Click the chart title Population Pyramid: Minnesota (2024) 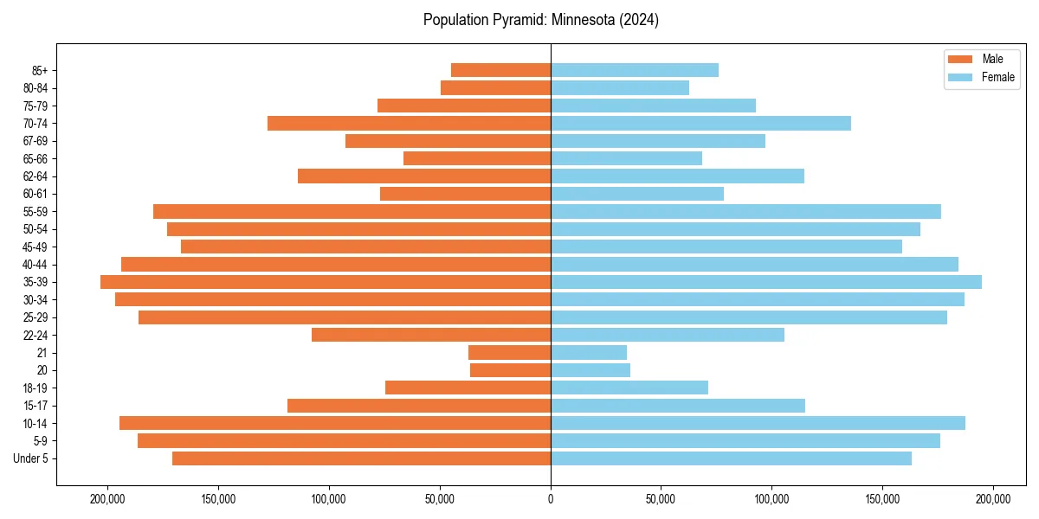[x=541, y=20]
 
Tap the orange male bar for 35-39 [x=326, y=282]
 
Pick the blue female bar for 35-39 [x=766, y=282]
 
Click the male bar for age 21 [x=509, y=352]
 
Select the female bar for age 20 [x=590, y=370]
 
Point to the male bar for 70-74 [x=409, y=123]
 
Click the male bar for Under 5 [x=361, y=458]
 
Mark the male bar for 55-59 [x=352, y=211]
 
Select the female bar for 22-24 [x=668, y=335]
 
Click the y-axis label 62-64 [x=35, y=176]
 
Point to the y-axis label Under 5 [x=31, y=458]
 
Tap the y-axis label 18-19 [x=35, y=388]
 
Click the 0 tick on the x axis [x=551, y=499]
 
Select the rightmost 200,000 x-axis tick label [x=992, y=499]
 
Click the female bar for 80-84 [x=620, y=87]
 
